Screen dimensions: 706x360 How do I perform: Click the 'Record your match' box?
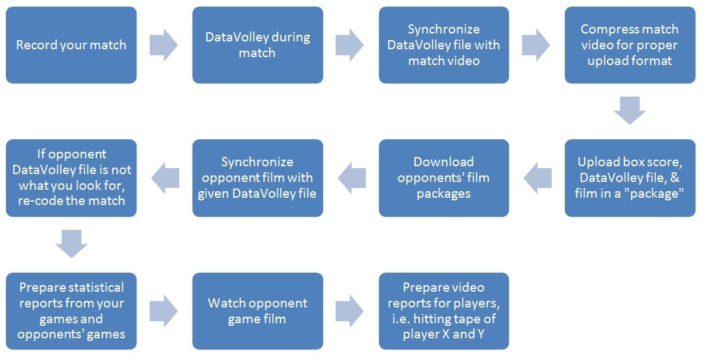71,45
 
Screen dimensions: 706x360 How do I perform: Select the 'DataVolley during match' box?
257,45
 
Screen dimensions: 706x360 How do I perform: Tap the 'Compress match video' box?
630,45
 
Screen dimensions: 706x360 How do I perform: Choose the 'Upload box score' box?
630,178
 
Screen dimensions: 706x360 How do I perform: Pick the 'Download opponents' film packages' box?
444,178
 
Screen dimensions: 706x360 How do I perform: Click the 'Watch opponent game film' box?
257,311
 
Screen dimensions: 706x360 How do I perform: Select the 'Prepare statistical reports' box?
71,311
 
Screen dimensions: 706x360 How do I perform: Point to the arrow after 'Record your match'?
164,45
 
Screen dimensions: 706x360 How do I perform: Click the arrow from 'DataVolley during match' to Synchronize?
350,45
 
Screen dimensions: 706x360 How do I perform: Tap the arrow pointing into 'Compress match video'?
537,45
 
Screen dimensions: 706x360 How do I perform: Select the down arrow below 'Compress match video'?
630,110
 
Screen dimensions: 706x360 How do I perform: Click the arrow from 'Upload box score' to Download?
538,178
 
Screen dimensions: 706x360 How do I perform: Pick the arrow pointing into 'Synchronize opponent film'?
351,178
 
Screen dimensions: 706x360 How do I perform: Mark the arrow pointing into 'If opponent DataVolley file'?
165,178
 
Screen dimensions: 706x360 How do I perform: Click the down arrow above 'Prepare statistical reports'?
72,244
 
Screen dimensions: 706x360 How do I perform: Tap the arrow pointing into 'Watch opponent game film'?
164,311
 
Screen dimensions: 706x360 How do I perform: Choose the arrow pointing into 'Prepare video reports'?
350,311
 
